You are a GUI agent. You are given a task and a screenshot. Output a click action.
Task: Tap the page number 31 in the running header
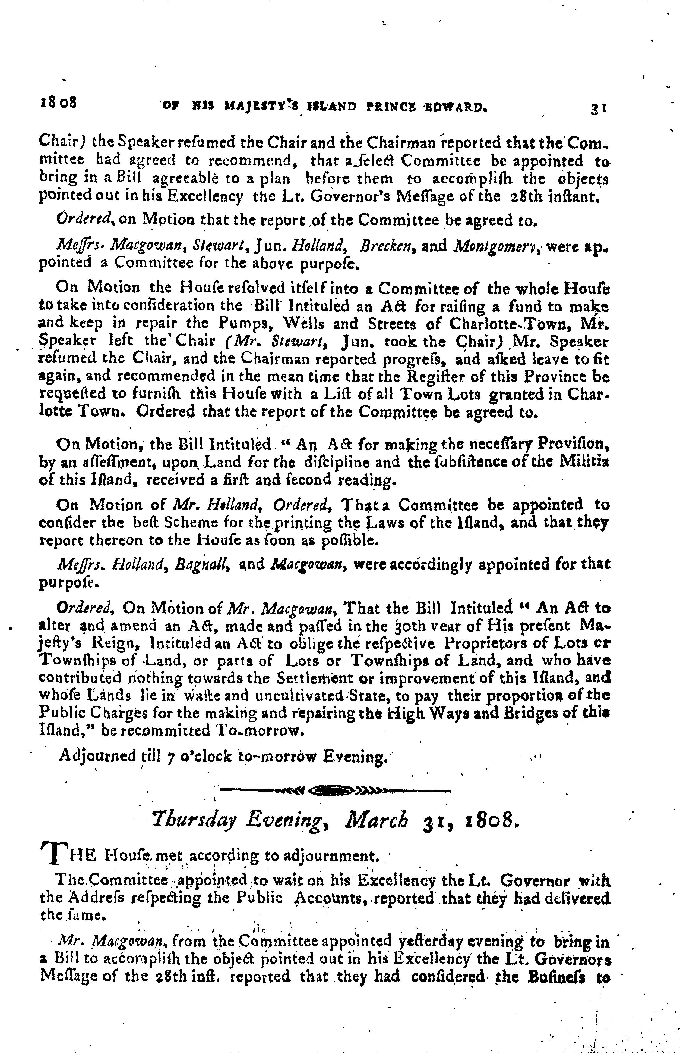pos(599,108)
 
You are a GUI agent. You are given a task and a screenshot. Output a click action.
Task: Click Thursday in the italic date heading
pos(193,821)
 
